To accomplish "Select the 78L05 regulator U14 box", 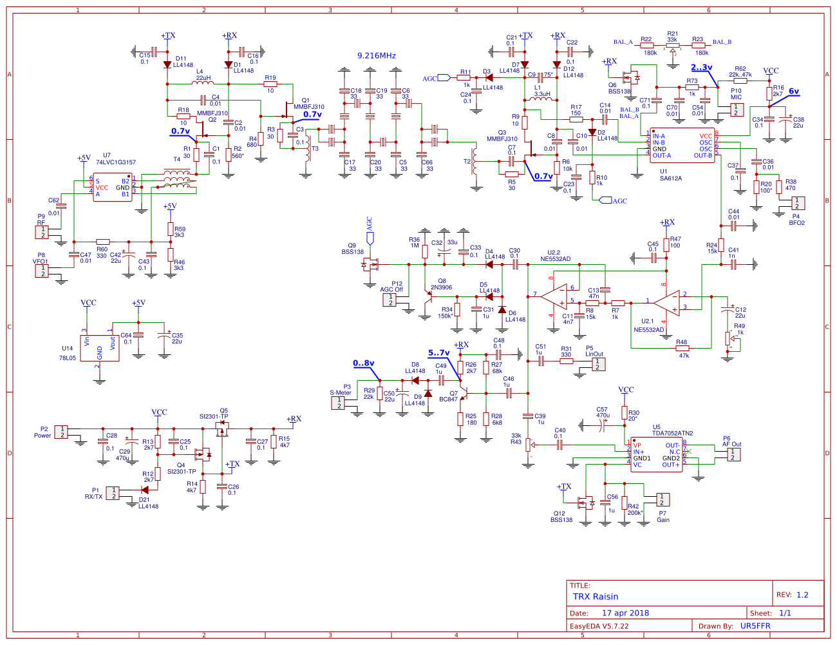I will click(x=100, y=348).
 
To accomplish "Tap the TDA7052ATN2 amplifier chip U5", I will click(x=656, y=454).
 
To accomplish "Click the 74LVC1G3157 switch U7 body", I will click(x=113, y=188).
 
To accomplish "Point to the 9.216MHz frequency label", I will click(x=377, y=56).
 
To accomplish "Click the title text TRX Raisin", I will click(x=596, y=597).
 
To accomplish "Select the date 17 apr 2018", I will click(x=625, y=613).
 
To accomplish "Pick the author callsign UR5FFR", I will click(x=755, y=626).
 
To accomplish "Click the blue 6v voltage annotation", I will click(x=794, y=91).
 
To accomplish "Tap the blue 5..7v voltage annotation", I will click(x=438, y=353).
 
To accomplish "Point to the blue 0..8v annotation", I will click(x=363, y=363).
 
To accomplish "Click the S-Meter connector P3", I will click(x=338, y=403).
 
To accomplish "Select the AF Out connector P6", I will click(x=733, y=454).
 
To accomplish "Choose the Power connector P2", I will click(x=61, y=432).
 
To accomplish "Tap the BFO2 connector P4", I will click(x=797, y=203).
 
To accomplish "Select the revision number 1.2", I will click(x=802, y=595).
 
